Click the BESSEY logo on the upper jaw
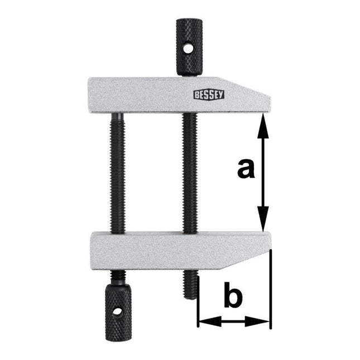click(x=209, y=94)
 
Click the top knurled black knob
click(x=189, y=47)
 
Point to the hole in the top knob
click(x=189, y=49)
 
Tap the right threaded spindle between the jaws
click(x=189, y=173)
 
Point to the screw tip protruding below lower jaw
click(x=190, y=284)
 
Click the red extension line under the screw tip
click(x=198, y=313)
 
